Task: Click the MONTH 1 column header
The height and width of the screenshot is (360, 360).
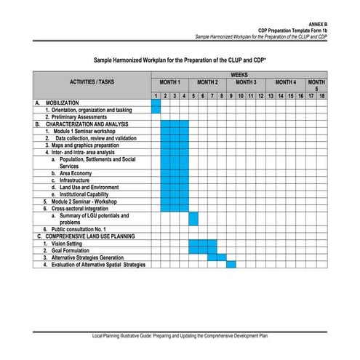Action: [169, 83]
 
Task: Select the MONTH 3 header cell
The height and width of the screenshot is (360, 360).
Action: [245, 83]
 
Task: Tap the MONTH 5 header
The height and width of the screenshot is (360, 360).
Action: [316, 85]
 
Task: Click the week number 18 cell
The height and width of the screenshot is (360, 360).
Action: [321, 96]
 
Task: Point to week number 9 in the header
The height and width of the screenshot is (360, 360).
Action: [231, 96]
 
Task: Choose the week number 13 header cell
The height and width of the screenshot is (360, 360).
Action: [271, 96]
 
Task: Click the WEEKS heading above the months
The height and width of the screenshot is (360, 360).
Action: [239, 74]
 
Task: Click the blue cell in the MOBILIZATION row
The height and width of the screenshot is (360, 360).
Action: [156, 106]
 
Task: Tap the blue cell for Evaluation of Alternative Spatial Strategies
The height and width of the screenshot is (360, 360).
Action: [231, 264]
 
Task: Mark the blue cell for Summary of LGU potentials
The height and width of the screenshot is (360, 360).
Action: [193, 218]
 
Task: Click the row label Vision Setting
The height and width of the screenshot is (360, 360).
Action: [67, 243]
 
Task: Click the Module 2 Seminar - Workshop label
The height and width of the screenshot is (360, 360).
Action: [84, 201]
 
